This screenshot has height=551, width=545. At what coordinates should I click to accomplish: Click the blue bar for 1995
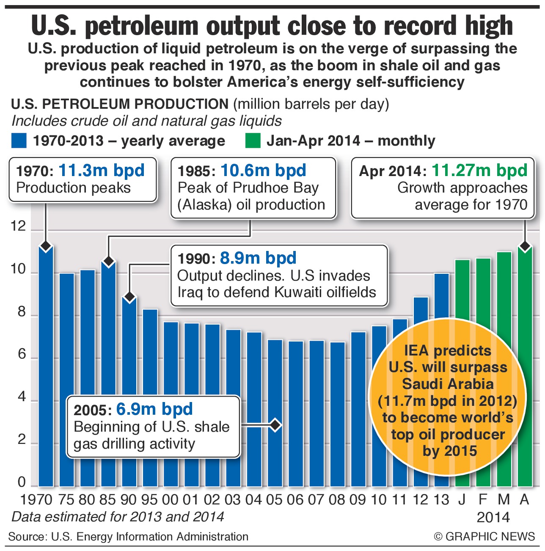(x=150, y=398)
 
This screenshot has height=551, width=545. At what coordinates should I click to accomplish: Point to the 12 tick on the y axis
(x=18, y=227)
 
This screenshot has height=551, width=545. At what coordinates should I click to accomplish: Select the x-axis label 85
(x=107, y=500)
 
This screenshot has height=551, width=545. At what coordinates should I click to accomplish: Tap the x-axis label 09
(x=358, y=500)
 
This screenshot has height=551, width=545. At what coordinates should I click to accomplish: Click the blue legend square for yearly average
(x=19, y=141)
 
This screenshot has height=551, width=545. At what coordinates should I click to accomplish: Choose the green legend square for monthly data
(x=253, y=141)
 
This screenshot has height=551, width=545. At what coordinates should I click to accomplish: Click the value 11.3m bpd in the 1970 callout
(x=102, y=171)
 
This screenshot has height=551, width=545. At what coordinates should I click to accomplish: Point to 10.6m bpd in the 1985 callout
(x=263, y=171)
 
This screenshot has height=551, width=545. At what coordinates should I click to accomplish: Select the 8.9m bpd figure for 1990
(x=258, y=258)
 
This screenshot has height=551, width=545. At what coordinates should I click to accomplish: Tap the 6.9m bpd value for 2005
(x=154, y=409)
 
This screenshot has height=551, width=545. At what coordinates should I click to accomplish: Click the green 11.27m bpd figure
(x=479, y=171)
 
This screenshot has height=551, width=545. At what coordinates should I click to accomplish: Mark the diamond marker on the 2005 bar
(x=275, y=424)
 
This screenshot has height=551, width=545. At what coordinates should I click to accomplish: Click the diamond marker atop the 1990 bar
(x=129, y=297)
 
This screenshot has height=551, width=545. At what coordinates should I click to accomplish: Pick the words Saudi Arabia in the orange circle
(x=448, y=384)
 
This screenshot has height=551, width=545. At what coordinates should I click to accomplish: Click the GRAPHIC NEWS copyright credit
(x=484, y=537)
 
